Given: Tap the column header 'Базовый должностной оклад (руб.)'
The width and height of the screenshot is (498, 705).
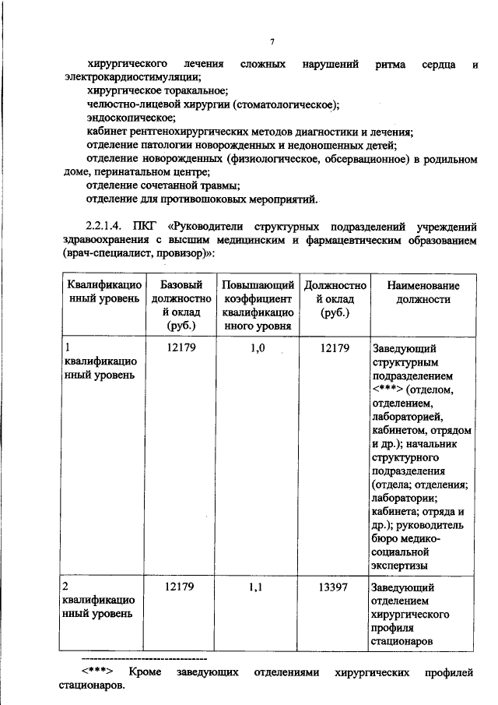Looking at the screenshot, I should (181, 305).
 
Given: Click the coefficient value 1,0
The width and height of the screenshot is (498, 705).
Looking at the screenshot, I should (258, 349).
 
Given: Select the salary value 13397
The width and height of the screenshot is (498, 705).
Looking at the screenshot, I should (335, 587).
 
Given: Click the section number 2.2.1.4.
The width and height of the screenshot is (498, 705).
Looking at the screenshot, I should (110, 227).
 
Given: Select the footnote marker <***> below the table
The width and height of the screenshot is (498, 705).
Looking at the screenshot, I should (99, 672).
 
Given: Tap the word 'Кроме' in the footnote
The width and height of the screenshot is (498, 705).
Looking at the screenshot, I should (146, 672).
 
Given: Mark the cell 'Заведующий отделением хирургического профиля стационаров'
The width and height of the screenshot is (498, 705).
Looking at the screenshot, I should (412, 615).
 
